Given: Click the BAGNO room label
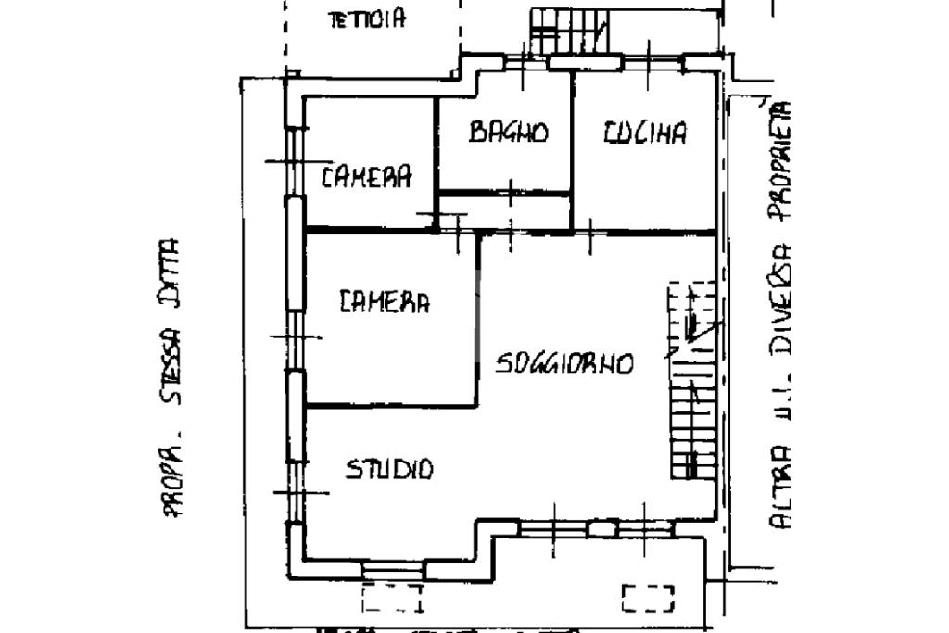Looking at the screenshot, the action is pyautogui.click(x=508, y=132).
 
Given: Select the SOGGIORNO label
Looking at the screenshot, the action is pyautogui.click(x=563, y=362).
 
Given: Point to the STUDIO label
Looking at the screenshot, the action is pyautogui.click(x=389, y=469).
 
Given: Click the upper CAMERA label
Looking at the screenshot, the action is pyautogui.click(x=366, y=176).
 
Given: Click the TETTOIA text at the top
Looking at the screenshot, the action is pyautogui.click(x=367, y=19).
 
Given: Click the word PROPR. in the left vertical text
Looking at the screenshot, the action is pyautogui.click(x=171, y=478).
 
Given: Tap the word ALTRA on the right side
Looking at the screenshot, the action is pyautogui.click(x=782, y=487).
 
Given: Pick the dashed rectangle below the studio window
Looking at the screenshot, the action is pyautogui.click(x=392, y=598).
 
